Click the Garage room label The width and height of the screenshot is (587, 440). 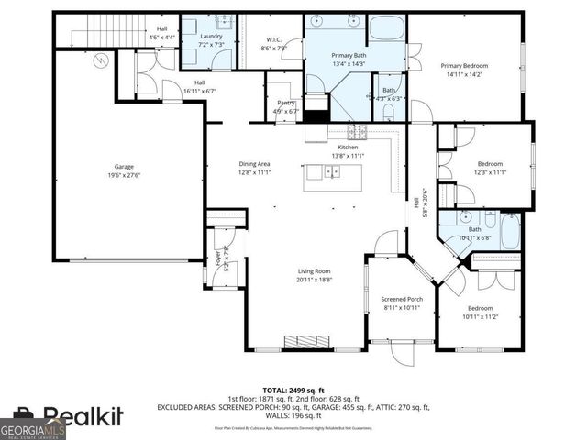(x=124, y=166)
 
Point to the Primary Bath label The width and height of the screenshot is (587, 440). (x=348, y=56)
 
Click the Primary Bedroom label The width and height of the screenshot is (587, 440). (x=463, y=65)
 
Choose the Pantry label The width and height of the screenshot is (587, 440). (x=284, y=104)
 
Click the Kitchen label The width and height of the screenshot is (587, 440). (x=348, y=147)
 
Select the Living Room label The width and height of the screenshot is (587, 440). (x=313, y=271)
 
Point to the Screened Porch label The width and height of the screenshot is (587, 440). (x=401, y=299)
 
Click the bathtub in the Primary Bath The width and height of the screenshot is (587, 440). (x=387, y=26)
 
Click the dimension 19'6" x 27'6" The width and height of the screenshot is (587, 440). (x=124, y=174)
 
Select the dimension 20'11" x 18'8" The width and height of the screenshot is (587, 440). (x=313, y=280)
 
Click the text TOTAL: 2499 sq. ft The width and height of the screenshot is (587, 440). (x=293, y=390)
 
